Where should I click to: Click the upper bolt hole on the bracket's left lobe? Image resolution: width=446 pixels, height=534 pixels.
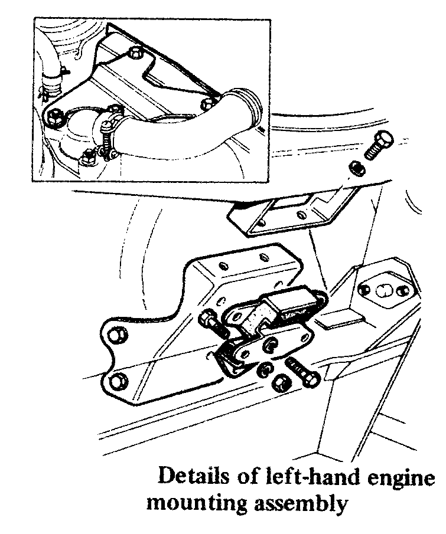(116, 335)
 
